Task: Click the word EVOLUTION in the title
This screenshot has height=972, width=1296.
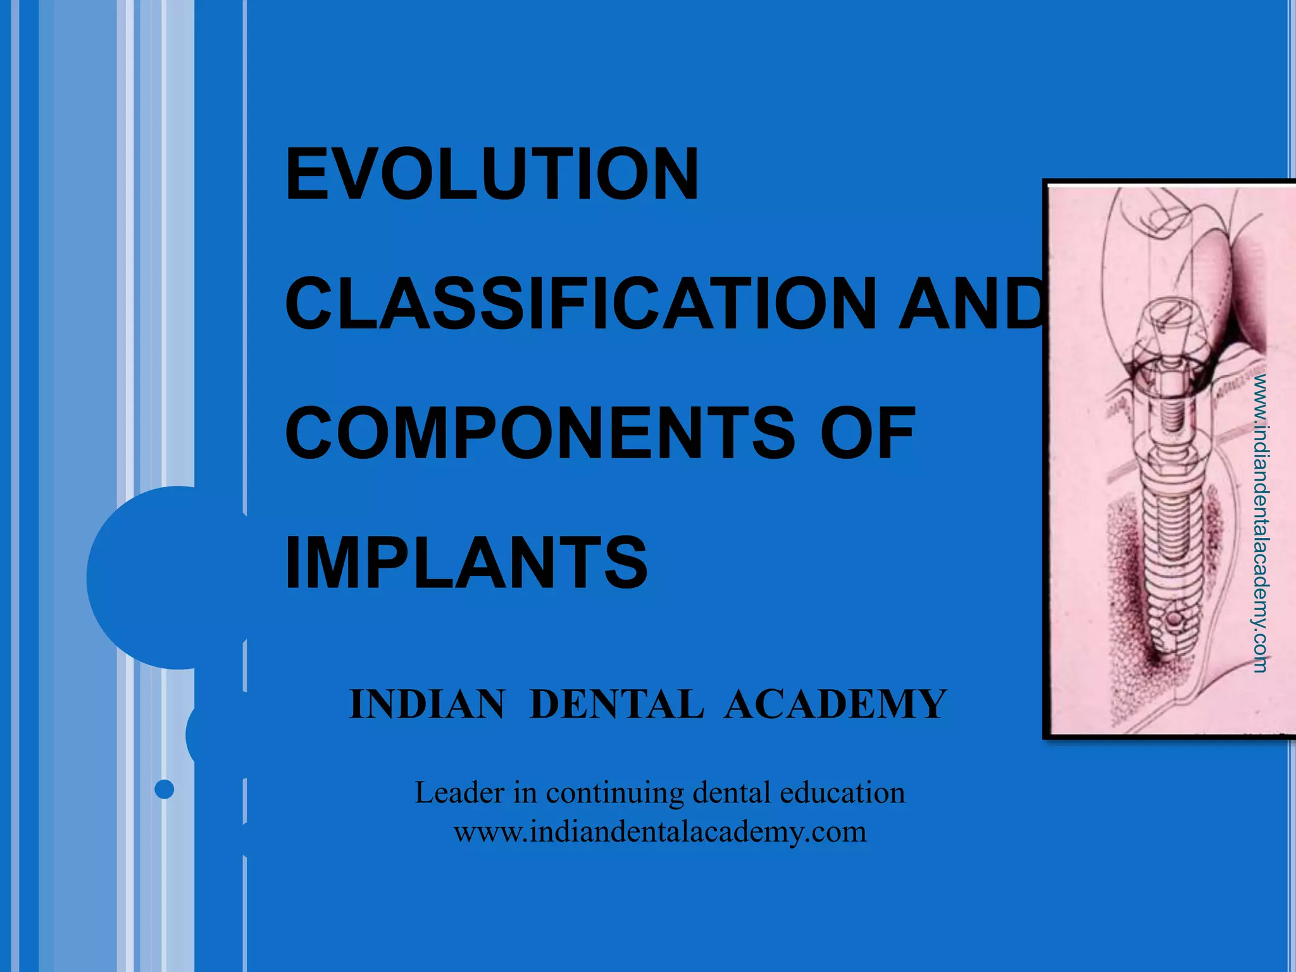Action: click(492, 174)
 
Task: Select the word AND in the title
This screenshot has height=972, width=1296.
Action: click(971, 304)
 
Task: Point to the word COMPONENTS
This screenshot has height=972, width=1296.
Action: click(540, 434)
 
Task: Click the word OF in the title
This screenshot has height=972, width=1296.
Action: click(868, 434)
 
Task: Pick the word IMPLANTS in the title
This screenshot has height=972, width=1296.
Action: click(466, 563)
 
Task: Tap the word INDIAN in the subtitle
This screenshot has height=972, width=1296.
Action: click(428, 704)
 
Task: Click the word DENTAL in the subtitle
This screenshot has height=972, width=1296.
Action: click(616, 704)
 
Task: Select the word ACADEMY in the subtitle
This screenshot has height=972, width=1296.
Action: click(836, 704)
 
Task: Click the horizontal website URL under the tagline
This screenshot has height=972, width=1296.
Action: click(660, 832)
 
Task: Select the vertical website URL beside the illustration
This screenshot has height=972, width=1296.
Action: click(1261, 523)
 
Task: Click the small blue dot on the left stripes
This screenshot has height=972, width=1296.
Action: click(165, 789)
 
